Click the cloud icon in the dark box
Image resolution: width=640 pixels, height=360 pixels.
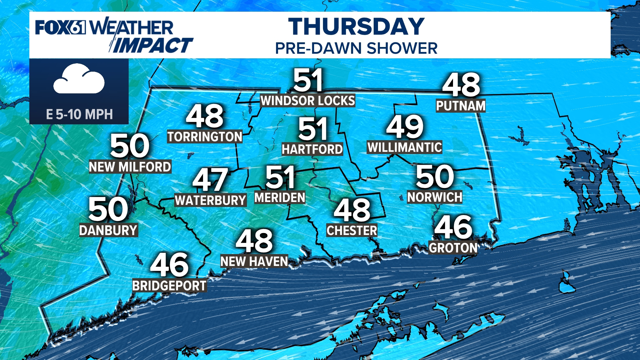[79, 80]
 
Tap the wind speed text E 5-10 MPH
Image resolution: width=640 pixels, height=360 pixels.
[79, 114]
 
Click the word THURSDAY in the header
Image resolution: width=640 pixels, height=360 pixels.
[356, 27]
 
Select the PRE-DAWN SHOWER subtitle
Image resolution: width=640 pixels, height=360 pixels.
[356, 48]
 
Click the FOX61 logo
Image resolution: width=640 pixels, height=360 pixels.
[60, 27]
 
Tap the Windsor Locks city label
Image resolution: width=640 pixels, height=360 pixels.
[307, 101]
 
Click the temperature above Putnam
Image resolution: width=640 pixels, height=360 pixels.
[461, 85]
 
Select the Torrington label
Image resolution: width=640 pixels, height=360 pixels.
[205, 137]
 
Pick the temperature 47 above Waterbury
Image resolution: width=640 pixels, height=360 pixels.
[210, 179]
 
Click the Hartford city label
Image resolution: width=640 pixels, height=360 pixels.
[312, 149]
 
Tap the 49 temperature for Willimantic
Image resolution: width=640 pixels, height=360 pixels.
[405, 127]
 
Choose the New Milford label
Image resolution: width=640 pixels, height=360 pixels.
[130, 167]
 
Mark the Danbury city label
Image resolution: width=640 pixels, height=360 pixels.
[108, 230]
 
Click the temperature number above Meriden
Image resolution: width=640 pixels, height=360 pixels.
[280, 177]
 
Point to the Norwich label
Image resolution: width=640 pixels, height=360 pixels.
[435, 197]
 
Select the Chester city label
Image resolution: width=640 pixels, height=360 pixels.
[352, 231]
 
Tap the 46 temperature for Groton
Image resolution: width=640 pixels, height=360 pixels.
[453, 227]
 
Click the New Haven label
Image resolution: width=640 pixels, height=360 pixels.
[254, 262]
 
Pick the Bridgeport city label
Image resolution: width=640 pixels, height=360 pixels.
[169, 286]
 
